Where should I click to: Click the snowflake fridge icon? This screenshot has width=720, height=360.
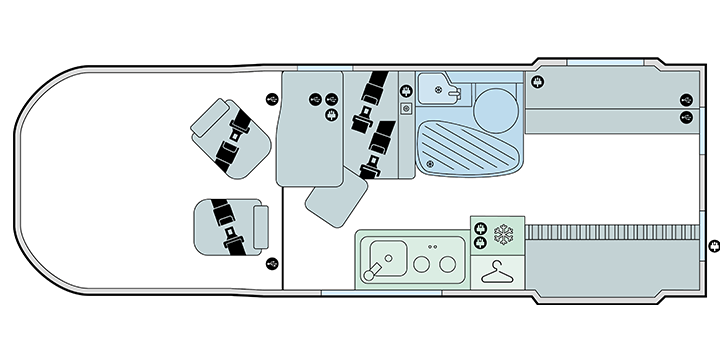click(503, 236)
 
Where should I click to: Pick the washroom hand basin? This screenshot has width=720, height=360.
click(437, 89)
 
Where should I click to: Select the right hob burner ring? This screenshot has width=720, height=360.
click(447, 265)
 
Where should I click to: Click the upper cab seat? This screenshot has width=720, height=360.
click(233, 135)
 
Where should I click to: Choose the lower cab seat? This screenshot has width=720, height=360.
click(232, 227)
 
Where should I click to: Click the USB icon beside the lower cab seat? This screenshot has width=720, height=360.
click(273, 264)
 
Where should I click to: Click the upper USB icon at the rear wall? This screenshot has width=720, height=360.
click(686, 99)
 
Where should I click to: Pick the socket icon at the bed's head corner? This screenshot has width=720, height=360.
click(540, 82)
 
